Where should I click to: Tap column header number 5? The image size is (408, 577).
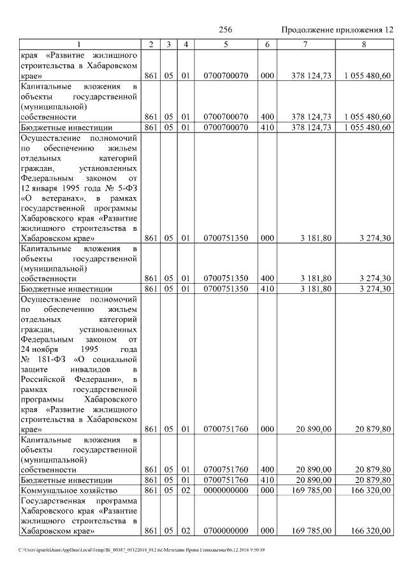pos(226,44)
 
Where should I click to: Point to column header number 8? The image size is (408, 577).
pos(364,44)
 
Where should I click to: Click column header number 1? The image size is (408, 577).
pos(79,44)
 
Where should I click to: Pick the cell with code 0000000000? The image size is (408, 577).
pos(226,490)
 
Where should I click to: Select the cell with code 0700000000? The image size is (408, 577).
pos(226,530)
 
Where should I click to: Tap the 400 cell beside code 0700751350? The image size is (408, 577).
pos(267,278)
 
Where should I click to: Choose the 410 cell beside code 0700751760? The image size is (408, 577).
pos(267,479)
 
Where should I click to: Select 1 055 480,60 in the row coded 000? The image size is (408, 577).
pos(366,75)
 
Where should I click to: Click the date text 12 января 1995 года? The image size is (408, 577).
pos(64,189)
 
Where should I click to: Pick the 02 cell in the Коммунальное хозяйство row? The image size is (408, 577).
pos(185,490)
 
